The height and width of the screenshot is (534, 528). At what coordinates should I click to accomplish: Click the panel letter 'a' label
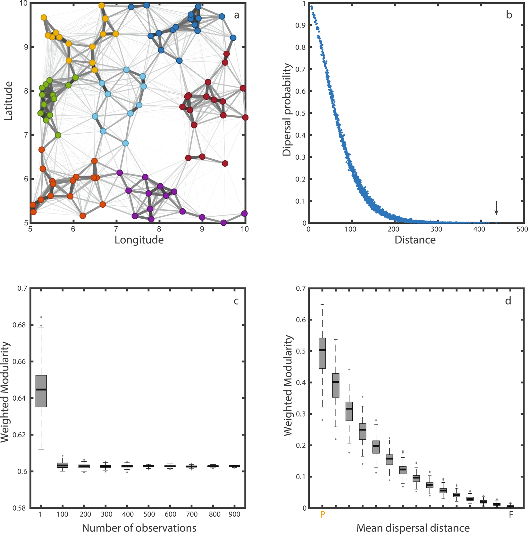pyautogui.click(x=237, y=15)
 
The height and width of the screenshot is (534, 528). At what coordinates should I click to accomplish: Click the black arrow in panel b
pyautogui.click(x=496, y=208)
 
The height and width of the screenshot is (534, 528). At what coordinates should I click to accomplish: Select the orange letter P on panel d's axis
pyautogui.click(x=323, y=514)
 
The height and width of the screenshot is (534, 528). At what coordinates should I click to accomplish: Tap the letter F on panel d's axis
pyautogui.click(x=511, y=514)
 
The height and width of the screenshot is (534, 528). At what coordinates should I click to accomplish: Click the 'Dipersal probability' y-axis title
pyautogui.click(x=287, y=110)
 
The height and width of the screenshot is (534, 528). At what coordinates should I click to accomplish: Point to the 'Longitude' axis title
pyautogui.click(x=139, y=240)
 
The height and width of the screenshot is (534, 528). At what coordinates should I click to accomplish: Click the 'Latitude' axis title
pyautogui.click(x=9, y=101)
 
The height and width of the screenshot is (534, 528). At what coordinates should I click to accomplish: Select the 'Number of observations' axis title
pyautogui.click(x=139, y=528)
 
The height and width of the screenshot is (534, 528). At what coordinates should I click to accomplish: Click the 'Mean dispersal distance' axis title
pyautogui.click(x=413, y=528)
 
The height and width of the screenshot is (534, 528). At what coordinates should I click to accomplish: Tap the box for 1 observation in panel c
pyautogui.click(x=41, y=391)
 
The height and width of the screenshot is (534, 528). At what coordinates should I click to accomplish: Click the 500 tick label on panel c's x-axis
pyautogui.click(x=149, y=514)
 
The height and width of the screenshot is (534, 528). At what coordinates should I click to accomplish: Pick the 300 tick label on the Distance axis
pyautogui.click(x=436, y=229)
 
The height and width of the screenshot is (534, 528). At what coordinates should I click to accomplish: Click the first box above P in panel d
pyautogui.click(x=322, y=353)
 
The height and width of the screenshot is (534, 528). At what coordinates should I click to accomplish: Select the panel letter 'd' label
pyautogui.click(x=508, y=301)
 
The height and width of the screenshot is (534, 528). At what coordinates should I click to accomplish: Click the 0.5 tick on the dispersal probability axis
pyautogui.click(x=301, y=113)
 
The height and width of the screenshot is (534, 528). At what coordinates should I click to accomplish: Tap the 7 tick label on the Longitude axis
pyautogui.click(x=116, y=229)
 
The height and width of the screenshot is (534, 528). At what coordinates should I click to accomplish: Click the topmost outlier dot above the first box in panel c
pyautogui.click(x=41, y=317)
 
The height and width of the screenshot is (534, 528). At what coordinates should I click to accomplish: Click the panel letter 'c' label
pyautogui.click(x=236, y=301)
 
